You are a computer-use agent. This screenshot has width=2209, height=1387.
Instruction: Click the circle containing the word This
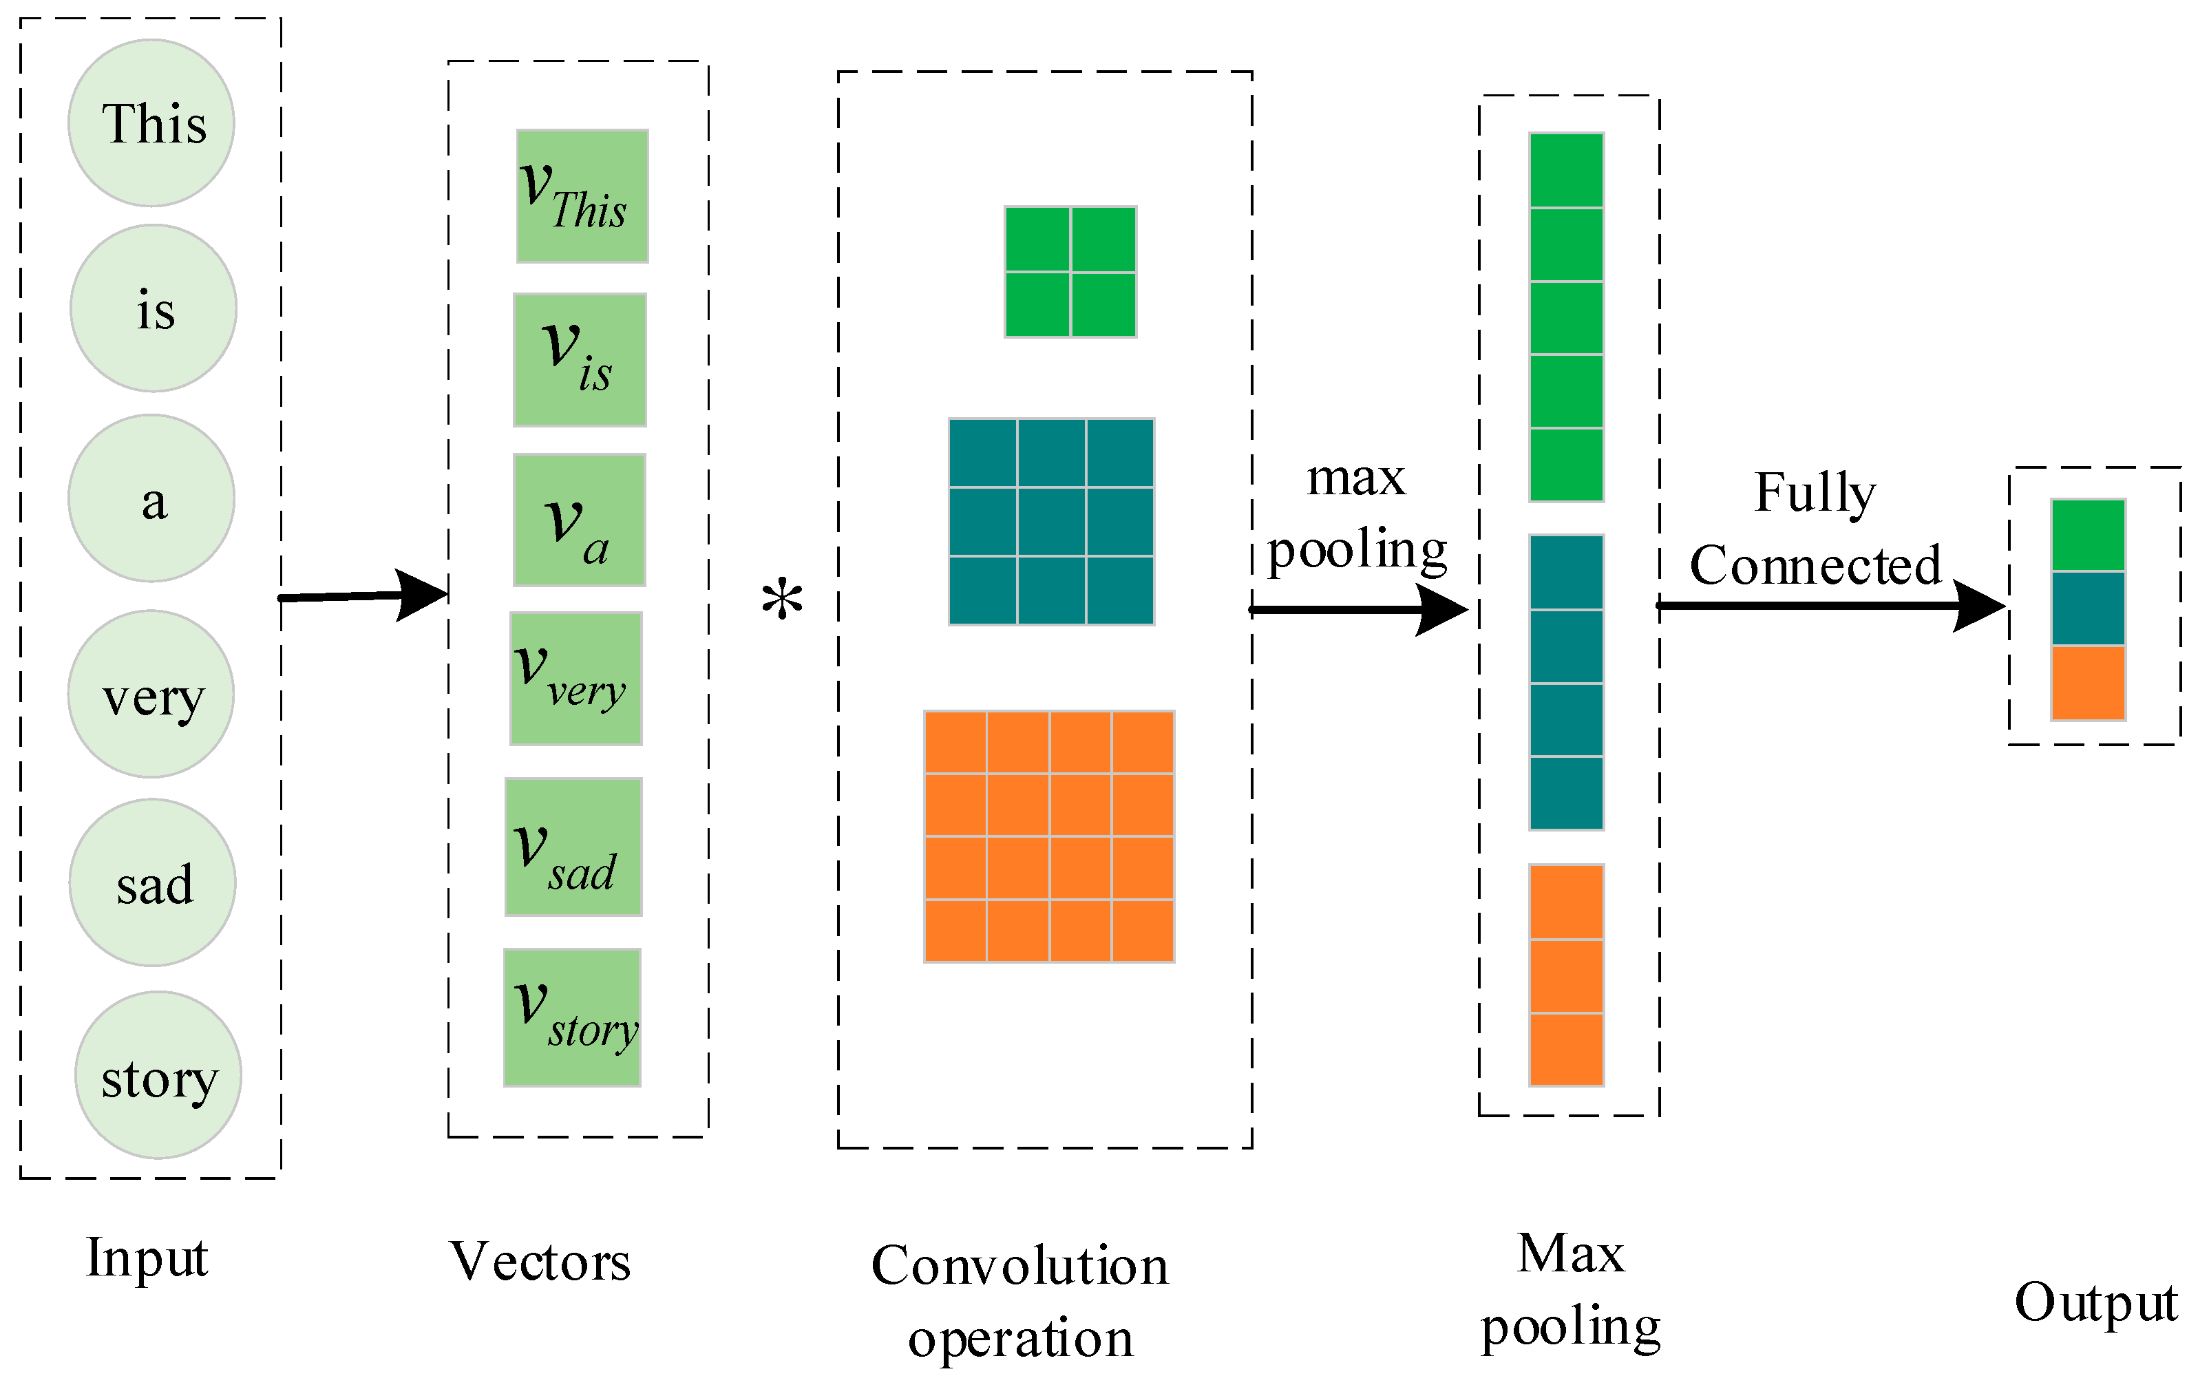click(151, 123)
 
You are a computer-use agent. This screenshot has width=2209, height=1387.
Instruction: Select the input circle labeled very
click(151, 695)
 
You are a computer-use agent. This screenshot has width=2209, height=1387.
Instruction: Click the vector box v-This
click(582, 196)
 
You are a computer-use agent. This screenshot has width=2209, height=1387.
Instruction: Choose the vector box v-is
click(580, 359)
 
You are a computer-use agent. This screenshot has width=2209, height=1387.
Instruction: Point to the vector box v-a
click(580, 520)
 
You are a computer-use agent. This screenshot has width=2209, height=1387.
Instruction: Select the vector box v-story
click(573, 1017)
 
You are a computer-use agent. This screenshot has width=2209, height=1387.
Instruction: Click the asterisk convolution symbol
click(783, 601)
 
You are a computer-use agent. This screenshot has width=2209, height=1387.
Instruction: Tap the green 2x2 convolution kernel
click(1070, 271)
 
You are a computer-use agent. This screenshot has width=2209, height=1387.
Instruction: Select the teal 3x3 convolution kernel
click(1051, 521)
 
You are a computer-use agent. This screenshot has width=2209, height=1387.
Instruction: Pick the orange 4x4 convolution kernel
click(1048, 836)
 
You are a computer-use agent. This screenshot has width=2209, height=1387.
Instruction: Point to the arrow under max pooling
click(1357, 609)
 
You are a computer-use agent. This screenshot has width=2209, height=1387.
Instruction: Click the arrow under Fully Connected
click(1830, 606)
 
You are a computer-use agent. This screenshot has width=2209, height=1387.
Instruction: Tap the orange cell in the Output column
click(2089, 684)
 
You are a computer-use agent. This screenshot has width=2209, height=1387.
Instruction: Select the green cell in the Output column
click(2089, 536)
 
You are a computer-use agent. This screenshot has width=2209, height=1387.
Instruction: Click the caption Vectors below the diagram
click(540, 1262)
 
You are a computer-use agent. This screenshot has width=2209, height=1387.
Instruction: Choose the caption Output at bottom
click(2096, 1302)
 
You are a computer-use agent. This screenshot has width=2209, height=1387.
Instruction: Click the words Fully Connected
click(1815, 529)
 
